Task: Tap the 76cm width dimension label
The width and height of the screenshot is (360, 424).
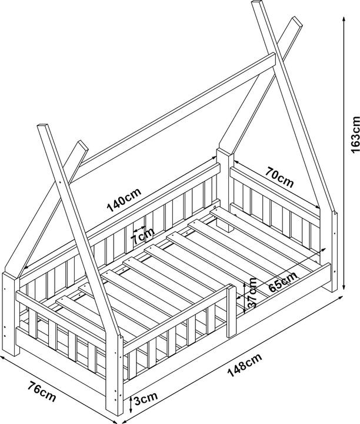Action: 42,391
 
